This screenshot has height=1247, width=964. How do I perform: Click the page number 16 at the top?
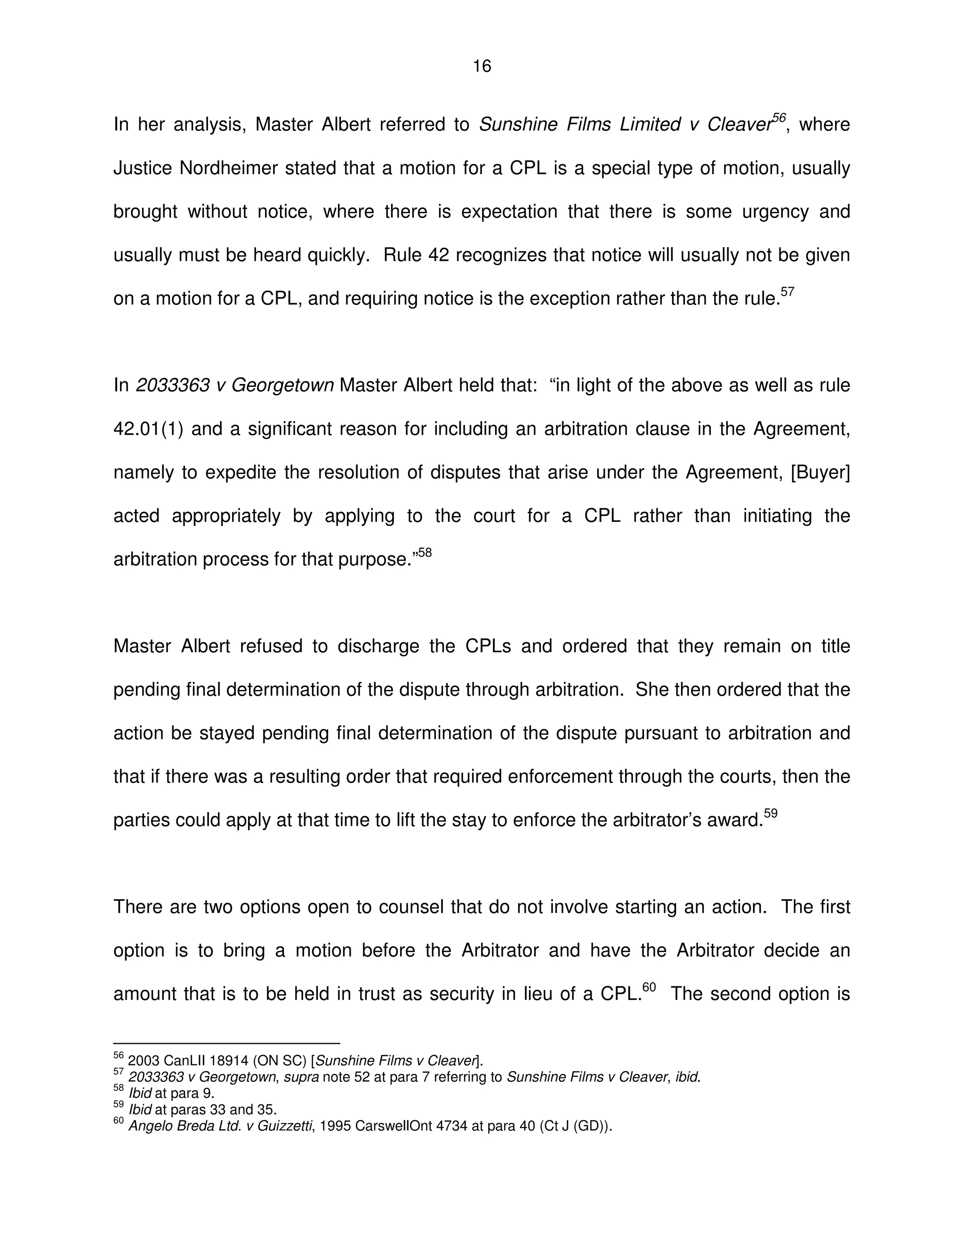point(482,67)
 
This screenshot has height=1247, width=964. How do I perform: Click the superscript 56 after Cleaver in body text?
point(779,118)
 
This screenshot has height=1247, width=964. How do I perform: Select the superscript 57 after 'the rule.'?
point(787,292)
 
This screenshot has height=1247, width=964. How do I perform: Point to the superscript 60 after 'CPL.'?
point(649,987)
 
